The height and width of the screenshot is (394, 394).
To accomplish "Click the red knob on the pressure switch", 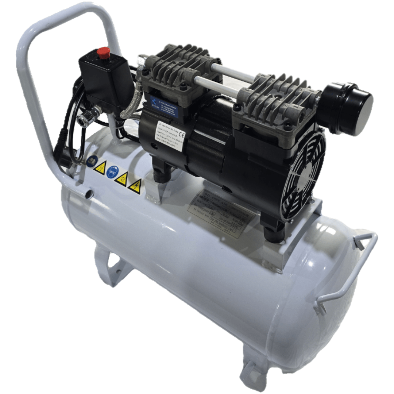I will coord(104,53).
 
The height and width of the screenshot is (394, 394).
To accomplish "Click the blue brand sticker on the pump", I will coord(153,106).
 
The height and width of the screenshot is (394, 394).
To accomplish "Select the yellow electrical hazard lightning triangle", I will coord(135,186).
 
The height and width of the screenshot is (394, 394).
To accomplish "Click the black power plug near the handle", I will coord(61,153).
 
